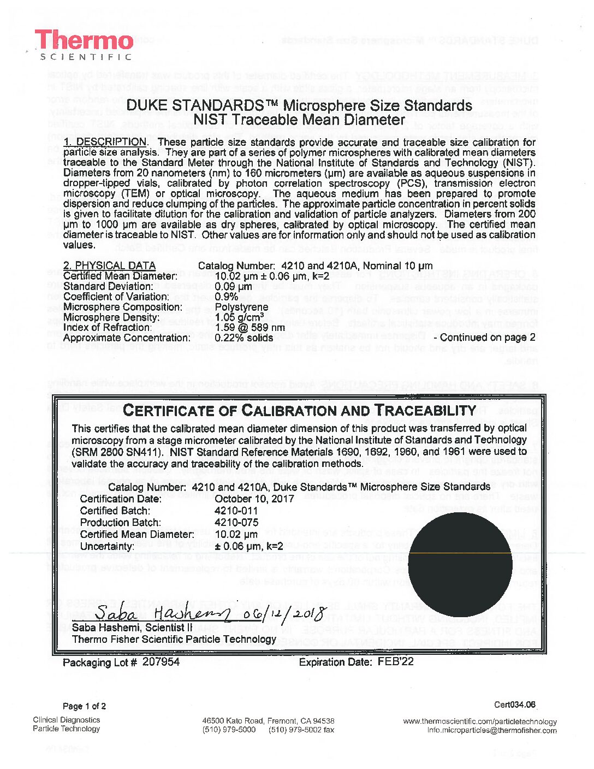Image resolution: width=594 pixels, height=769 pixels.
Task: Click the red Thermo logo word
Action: pyautogui.click(x=85, y=41)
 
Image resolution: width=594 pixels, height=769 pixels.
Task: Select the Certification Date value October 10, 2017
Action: pyautogui.click(x=254, y=499)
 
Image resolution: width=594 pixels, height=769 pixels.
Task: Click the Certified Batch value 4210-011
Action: pyautogui.click(x=236, y=511)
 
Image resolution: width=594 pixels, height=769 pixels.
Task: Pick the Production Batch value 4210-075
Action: pyautogui.click(x=236, y=523)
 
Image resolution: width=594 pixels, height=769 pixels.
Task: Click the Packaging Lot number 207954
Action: pyautogui.click(x=161, y=662)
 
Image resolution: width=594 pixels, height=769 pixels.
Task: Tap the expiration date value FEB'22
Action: pyautogui.click(x=395, y=662)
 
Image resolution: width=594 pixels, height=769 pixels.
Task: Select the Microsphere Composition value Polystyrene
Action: pyautogui.click(x=241, y=307)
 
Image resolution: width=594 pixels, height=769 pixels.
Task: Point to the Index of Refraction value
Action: pyautogui.click(x=250, y=328)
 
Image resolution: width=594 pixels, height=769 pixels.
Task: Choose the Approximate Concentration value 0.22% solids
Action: pyautogui.click(x=244, y=338)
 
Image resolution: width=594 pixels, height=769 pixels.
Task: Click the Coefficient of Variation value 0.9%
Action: pyautogui.click(x=226, y=297)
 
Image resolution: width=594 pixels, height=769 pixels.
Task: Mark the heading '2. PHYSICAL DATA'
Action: pyautogui.click(x=109, y=265)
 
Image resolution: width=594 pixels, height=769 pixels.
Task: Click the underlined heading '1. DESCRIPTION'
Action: pyautogui.click(x=105, y=142)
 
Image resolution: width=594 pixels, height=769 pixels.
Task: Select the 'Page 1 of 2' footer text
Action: pyautogui.click(x=85, y=706)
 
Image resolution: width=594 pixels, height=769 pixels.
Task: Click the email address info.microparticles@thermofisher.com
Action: pyautogui.click(x=492, y=731)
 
